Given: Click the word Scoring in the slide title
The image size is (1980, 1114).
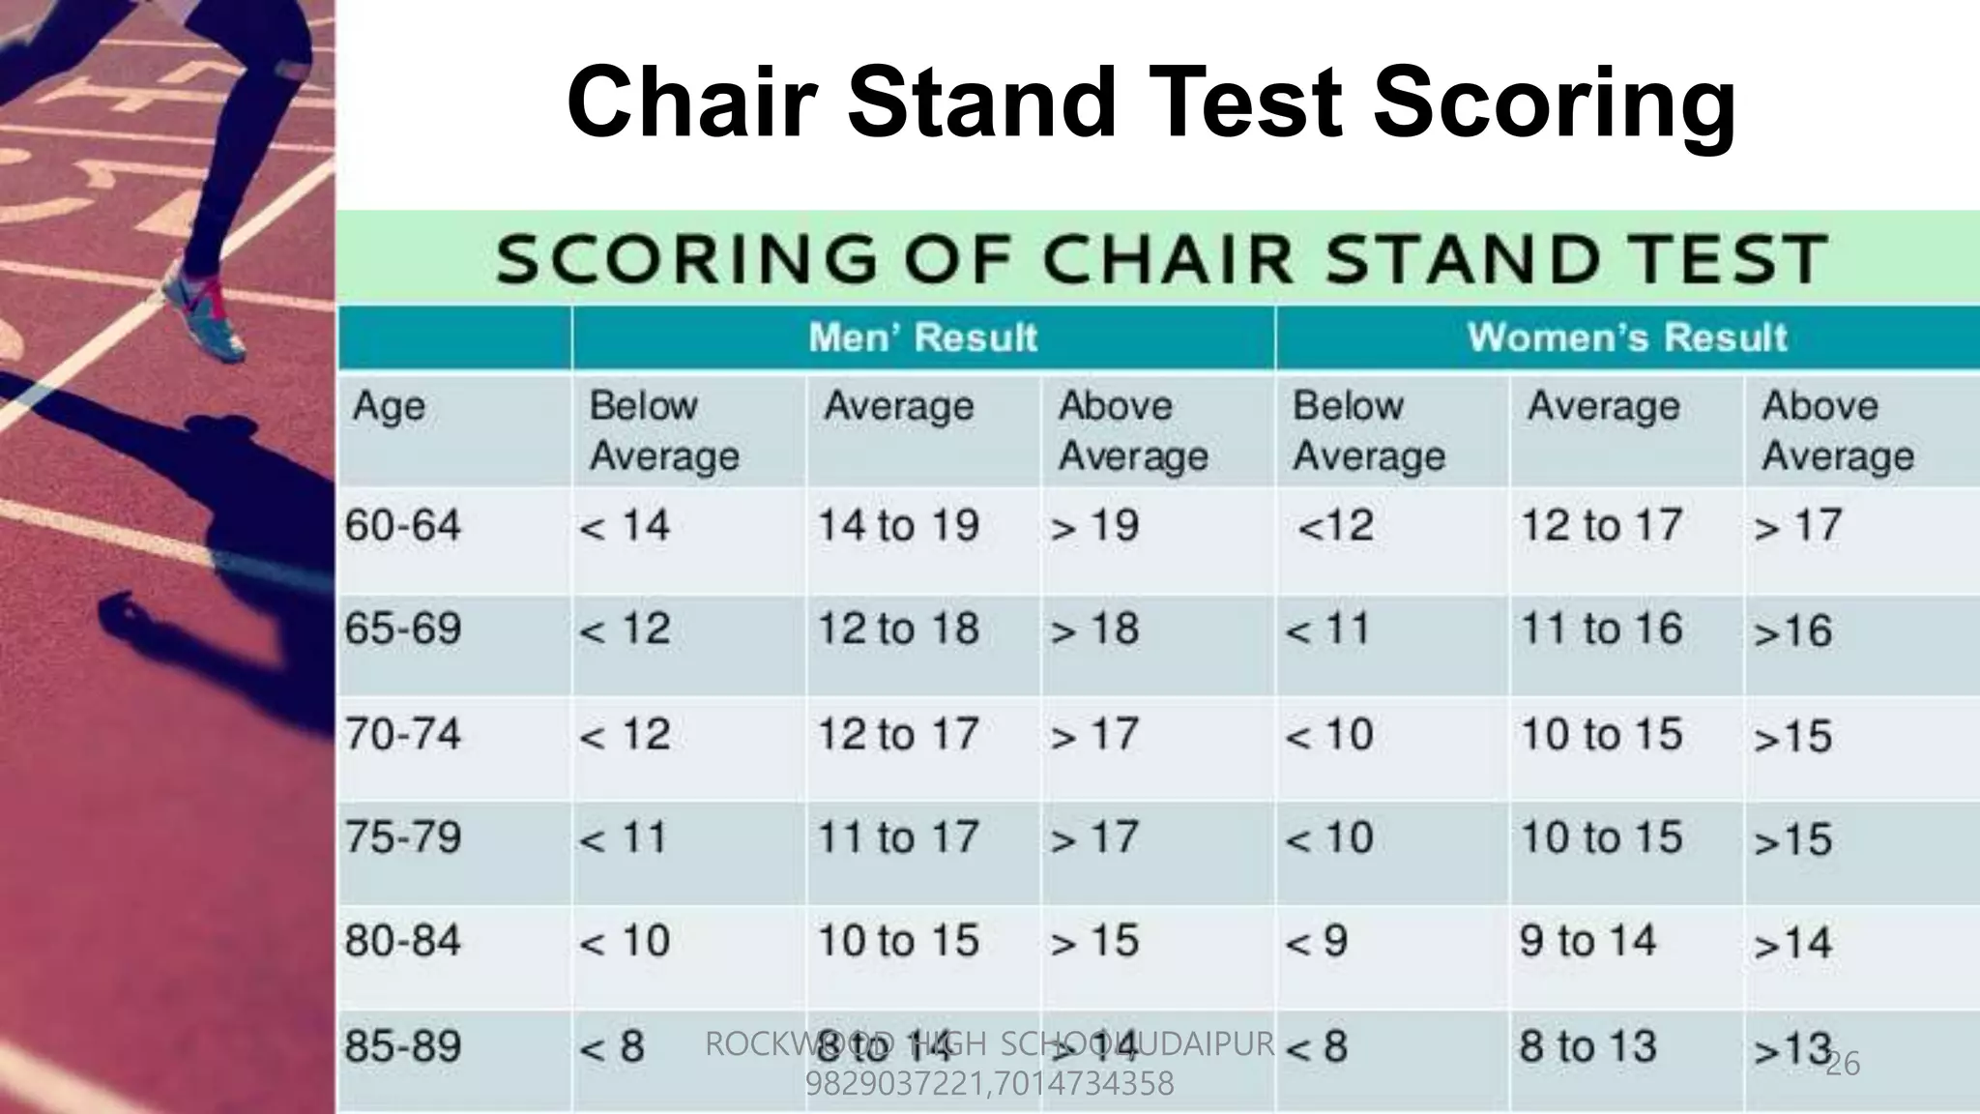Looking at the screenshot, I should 1554,103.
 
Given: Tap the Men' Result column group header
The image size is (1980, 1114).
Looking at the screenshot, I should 922,337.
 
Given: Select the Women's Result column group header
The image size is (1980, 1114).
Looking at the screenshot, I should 1627,337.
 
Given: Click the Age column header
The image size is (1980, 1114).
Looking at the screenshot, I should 389,406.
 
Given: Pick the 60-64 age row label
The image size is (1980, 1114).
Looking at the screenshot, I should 403,526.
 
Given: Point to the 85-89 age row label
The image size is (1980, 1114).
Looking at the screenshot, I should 403,1046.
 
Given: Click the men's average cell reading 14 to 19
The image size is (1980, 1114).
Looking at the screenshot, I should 898,526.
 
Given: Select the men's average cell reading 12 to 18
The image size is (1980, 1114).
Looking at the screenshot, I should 898,630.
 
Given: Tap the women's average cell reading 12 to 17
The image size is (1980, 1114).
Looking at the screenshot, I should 1601,526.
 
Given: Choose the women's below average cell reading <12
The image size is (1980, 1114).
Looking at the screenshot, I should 1335,526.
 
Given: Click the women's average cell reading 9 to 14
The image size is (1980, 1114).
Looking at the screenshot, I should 1587,941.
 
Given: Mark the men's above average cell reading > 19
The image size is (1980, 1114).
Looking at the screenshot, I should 1095,526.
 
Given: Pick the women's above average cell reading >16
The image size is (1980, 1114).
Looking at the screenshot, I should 1793,631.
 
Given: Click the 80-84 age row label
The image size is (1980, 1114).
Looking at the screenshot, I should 403,941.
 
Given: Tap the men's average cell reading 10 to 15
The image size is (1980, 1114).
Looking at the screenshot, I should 898,941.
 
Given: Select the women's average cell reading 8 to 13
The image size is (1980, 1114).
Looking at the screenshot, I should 1587,1046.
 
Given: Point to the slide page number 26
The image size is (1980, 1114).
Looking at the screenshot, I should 1843,1064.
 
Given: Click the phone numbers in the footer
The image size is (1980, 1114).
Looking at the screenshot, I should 989,1083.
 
